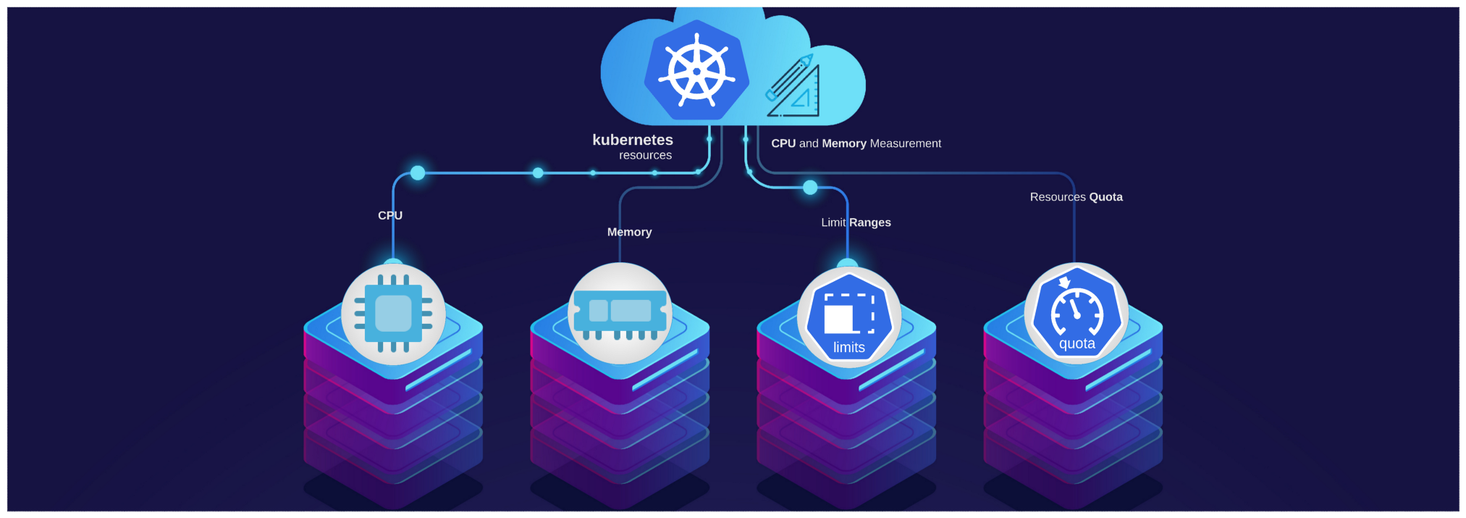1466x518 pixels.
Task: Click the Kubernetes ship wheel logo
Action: [696, 71]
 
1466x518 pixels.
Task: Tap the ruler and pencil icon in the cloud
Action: [793, 87]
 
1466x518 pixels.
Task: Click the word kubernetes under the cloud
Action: [633, 140]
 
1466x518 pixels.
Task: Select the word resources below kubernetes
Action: [645, 156]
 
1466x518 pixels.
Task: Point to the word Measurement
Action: [905, 143]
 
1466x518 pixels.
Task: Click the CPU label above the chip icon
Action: [390, 215]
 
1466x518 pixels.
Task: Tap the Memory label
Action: [629, 232]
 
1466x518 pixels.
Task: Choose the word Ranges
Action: [870, 222]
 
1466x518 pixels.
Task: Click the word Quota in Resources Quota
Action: [1105, 197]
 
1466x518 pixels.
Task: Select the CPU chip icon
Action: [393, 314]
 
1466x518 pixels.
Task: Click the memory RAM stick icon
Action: [620, 314]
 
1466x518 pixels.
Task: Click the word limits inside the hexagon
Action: [849, 348]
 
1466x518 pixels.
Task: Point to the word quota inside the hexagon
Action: [1077, 344]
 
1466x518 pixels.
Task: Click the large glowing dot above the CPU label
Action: [418, 173]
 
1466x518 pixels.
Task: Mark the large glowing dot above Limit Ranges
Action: [810, 188]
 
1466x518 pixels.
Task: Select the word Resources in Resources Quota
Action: [1058, 197]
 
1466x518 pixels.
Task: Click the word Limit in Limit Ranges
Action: [833, 222]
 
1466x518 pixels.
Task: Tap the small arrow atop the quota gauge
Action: [1064, 283]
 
